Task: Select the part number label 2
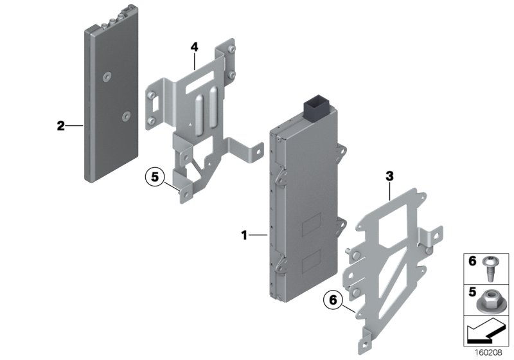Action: click(x=60, y=126)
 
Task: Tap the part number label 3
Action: click(x=389, y=174)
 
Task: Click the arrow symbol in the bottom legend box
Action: click(x=487, y=332)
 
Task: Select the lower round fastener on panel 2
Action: click(x=126, y=116)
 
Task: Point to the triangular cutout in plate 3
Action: click(x=394, y=263)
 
